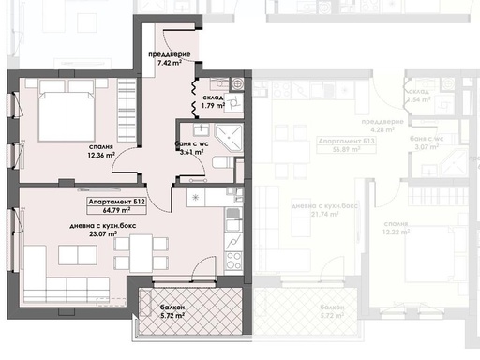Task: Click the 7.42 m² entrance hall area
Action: point(174,65)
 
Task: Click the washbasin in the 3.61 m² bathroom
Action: point(200,129)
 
